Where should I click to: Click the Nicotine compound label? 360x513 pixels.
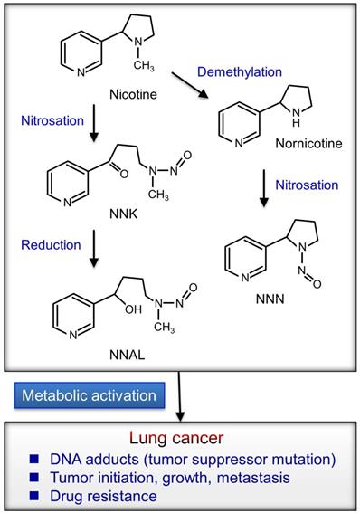(133, 94)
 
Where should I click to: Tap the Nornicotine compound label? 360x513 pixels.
(308, 143)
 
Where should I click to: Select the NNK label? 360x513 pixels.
(124, 214)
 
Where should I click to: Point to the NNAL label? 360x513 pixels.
(128, 355)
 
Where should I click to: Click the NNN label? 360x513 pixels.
(270, 299)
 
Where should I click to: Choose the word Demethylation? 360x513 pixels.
(240, 71)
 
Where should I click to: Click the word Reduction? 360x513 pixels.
(51, 244)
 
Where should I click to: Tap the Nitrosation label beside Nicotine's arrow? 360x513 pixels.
(52, 120)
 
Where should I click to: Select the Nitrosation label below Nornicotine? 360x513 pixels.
(307, 185)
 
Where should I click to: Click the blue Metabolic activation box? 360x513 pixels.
(90, 395)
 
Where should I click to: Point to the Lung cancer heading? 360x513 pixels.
(176, 438)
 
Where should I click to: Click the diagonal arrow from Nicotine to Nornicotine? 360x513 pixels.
(190, 85)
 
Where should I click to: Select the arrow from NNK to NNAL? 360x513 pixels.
(94, 249)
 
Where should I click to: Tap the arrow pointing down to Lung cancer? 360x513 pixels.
(179, 396)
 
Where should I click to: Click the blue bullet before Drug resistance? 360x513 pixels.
(33, 496)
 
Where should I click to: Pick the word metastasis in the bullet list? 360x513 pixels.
(253, 478)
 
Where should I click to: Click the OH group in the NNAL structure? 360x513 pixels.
(133, 309)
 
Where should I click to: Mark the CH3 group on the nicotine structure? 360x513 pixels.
(144, 65)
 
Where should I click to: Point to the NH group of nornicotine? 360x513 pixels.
(296, 118)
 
